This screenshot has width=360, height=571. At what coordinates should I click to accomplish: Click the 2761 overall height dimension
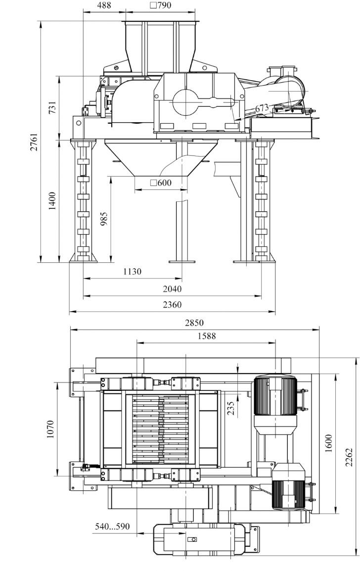pos(34,142)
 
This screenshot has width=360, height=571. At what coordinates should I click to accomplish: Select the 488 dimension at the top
pos(104,5)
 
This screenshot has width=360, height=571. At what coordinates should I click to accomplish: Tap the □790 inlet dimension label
pos(160,5)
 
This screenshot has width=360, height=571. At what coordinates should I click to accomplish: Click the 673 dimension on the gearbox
pos(262,108)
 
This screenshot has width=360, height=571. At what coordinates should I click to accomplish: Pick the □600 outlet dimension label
pos(161,183)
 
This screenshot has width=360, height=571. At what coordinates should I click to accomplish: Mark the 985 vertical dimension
pos(104,219)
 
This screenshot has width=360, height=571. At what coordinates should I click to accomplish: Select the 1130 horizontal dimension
pos(132,271)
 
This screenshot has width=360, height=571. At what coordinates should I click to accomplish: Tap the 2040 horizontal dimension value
pos(172,289)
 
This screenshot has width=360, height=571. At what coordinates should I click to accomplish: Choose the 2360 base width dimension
pos(172,304)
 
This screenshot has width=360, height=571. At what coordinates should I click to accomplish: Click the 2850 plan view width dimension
pos(194,323)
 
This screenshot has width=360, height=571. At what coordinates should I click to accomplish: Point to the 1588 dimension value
pos(206,336)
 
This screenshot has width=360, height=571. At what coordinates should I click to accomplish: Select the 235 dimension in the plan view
pos(230,408)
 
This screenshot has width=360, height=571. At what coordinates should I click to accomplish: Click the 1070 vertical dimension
pos(50,429)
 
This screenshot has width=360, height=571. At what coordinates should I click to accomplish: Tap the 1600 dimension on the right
pos(329,443)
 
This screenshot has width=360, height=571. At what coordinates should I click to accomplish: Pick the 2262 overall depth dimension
pos(349,457)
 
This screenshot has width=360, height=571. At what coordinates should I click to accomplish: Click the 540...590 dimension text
pos(112,526)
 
